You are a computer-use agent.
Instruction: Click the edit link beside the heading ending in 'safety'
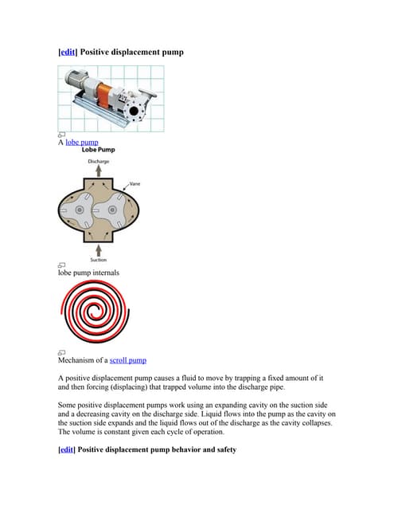(68, 449)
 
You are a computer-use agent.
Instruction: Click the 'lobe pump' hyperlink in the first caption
(82, 142)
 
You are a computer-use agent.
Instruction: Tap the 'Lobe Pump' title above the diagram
(97, 150)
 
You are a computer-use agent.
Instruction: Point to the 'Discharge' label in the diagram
(99, 161)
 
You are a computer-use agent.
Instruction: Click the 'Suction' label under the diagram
(99, 260)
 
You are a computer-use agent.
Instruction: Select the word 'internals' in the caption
(103, 273)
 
